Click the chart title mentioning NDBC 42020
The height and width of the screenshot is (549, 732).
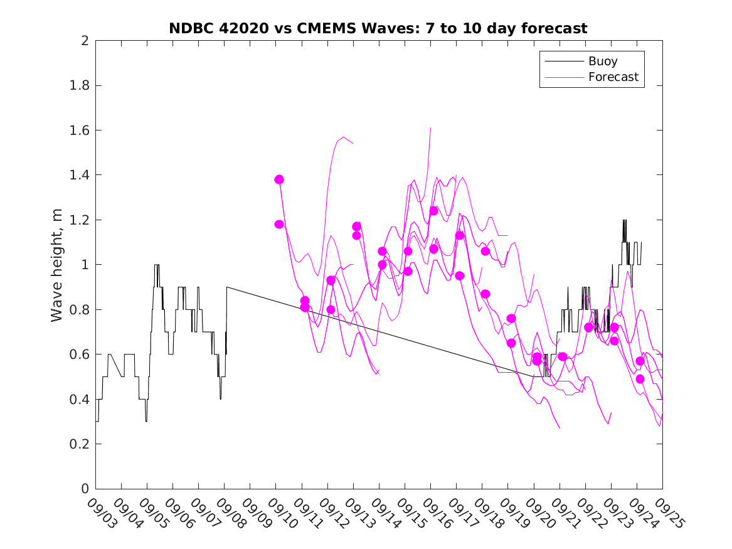point(378,28)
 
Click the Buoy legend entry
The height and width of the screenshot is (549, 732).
point(603,61)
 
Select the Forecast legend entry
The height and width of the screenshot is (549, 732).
point(613,77)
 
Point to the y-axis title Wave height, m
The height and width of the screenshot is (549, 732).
point(57,265)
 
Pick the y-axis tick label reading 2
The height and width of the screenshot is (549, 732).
point(84,41)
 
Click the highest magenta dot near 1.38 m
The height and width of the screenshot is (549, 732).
point(279,179)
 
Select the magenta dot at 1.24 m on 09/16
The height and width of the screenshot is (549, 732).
point(433,211)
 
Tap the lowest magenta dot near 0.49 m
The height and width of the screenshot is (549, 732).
point(640,379)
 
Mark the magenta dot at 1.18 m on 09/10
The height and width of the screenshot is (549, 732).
point(279,224)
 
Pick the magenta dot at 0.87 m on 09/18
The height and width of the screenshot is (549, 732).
point(485,294)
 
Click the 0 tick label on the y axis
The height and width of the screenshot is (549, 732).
point(84,489)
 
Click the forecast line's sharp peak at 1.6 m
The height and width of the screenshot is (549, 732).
point(431,128)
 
